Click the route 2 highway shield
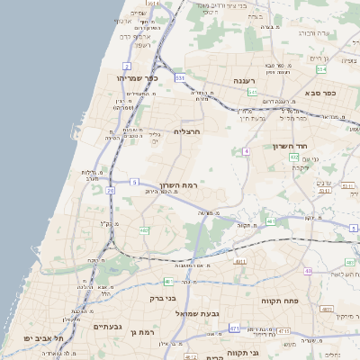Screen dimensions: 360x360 [127, 66]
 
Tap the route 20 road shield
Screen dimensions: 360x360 [111, 190]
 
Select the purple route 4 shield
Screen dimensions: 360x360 [246, 151]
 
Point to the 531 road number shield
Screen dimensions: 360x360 [180, 78]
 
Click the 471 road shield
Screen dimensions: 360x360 [235, 328]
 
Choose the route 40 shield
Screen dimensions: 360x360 [308, 270]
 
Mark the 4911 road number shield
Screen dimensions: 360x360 [239, 261]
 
